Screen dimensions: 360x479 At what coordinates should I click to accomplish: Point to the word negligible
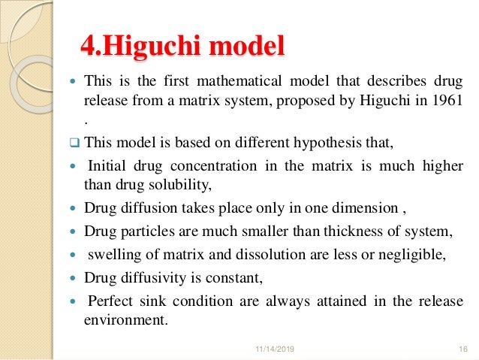tap(408, 255)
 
